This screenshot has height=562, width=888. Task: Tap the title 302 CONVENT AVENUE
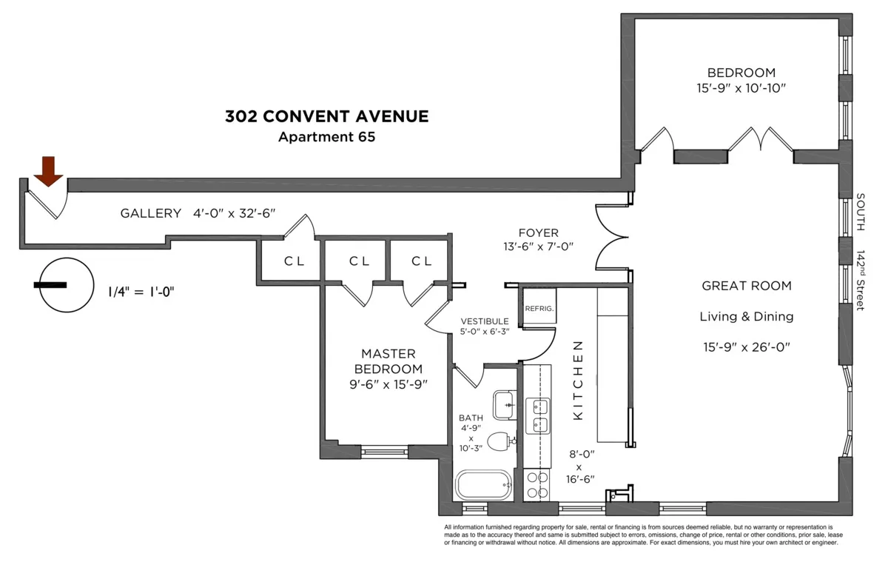click(326, 116)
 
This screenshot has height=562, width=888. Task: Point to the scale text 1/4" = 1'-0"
click(141, 291)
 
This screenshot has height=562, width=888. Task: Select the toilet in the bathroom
click(502, 441)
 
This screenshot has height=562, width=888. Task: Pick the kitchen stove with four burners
click(537, 485)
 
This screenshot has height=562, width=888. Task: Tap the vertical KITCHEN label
click(579, 381)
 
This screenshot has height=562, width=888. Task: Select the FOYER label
click(539, 233)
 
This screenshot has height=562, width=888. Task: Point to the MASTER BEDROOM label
click(388, 361)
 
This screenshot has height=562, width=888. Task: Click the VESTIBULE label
click(485, 321)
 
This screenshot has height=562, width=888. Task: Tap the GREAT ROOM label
click(746, 286)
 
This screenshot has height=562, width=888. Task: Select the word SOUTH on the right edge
click(861, 212)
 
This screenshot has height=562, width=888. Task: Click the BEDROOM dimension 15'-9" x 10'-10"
click(741, 88)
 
